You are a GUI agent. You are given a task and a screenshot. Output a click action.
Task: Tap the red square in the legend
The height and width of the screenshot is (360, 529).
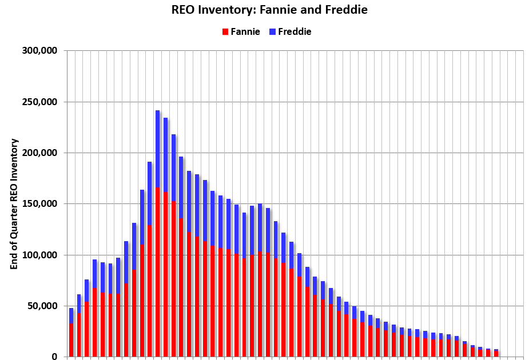pyautogui.click(x=225, y=32)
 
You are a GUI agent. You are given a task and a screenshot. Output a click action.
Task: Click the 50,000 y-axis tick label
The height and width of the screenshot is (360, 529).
pyautogui.click(x=40, y=306)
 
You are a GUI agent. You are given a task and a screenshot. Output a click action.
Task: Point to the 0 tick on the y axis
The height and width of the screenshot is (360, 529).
pyautogui.click(x=54, y=357)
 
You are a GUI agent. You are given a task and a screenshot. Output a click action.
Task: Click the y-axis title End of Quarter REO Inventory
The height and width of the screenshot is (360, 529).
pyautogui.click(x=14, y=204)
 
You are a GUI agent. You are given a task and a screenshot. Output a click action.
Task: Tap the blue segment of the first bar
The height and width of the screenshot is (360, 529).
pyautogui.click(x=71, y=315)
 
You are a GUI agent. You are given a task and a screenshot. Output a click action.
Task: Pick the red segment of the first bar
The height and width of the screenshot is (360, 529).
pyautogui.click(x=71, y=340)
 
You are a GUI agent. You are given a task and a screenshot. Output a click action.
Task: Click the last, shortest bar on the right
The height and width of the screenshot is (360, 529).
pyautogui.click(x=496, y=353)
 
